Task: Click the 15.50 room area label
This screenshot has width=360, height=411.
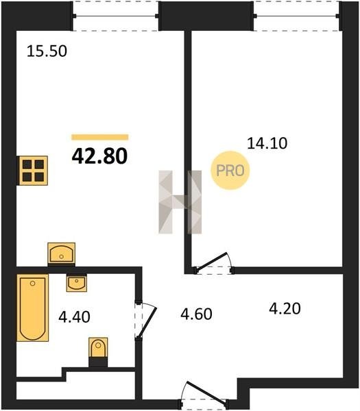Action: [x=47, y=51]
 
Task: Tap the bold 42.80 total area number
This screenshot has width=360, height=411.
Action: [x=99, y=155]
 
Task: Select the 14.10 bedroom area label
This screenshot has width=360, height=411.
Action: [x=267, y=143]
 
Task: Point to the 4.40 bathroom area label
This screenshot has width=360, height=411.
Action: [x=74, y=316]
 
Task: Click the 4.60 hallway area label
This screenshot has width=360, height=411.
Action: [x=196, y=314]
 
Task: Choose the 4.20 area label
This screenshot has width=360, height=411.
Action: [x=285, y=308]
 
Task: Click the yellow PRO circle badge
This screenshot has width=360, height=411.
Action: [x=230, y=171]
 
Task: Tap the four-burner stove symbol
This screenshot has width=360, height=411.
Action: [x=32, y=171]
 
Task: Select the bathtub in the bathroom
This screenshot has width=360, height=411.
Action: [x=33, y=308]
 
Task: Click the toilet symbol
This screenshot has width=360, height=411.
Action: [x=98, y=347]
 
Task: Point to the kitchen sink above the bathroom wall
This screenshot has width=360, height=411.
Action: [x=62, y=253]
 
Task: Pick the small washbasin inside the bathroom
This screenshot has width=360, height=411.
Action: [x=77, y=283]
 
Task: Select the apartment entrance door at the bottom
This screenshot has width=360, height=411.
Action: [x=204, y=396]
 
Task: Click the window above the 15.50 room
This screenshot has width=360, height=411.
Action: [x=115, y=16]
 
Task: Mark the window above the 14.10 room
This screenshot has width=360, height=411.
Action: [x=296, y=16]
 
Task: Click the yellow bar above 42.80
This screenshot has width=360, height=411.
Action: [x=100, y=137]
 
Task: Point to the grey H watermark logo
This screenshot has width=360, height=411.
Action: [x=180, y=202]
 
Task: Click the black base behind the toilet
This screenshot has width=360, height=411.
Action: [x=98, y=362]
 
